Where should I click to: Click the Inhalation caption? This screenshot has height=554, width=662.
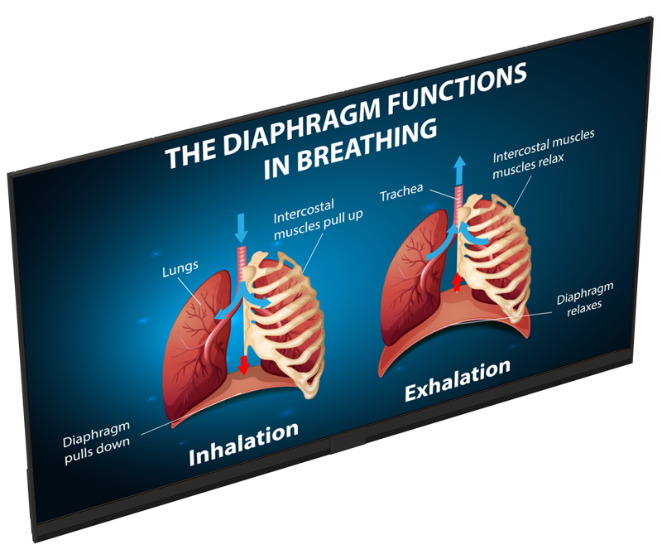[x=243, y=443]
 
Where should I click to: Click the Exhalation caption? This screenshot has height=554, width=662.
[x=458, y=380]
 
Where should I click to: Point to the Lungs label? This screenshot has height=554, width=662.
[x=180, y=269]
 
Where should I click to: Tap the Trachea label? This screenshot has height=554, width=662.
[x=401, y=192]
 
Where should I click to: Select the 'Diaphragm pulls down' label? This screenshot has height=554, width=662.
[x=96, y=443]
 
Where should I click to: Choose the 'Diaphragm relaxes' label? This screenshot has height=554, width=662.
[x=585, y=299]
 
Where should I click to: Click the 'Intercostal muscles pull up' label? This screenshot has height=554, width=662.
[x=318, y=219]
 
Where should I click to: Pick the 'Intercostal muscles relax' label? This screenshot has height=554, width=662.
[x=544, y=154]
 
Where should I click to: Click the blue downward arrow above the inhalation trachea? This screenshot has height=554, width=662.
[x=241, y=228]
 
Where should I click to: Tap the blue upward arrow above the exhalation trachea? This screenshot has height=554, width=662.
[x=459, y=171]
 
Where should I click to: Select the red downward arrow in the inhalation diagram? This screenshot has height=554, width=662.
[x=243, y=365]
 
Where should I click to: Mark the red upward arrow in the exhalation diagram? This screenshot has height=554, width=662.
[x=457, y=282]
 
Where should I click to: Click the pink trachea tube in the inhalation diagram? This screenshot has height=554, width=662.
[x=241, y=263]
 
